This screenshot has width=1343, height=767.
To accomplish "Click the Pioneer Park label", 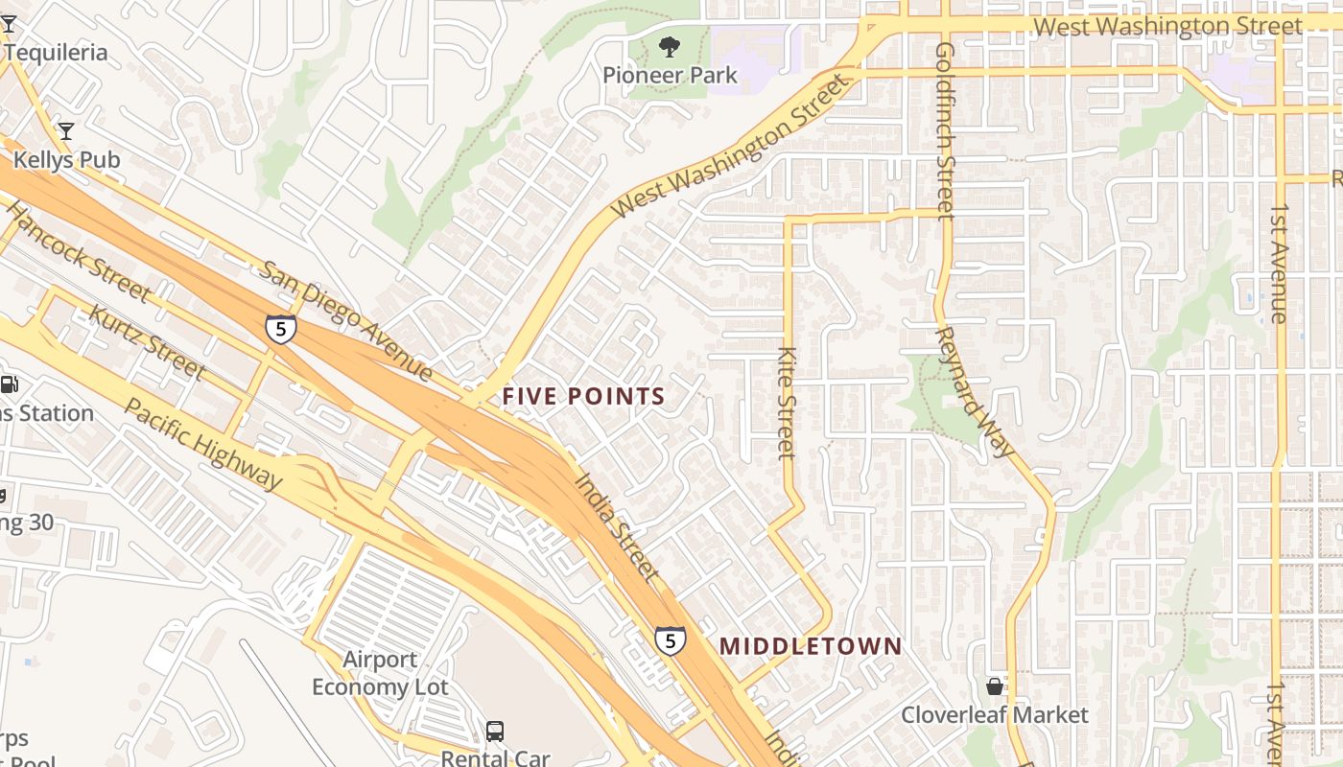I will coord(670,75).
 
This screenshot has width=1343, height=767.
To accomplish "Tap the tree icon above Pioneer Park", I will coord(670,45).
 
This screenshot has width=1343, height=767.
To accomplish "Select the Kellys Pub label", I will coord(66,159).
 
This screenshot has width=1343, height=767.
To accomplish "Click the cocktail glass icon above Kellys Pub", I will coord(65,130).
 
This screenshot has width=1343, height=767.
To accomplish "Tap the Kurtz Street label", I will coord(146,340).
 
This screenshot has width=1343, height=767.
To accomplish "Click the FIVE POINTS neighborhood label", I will coord(583,396).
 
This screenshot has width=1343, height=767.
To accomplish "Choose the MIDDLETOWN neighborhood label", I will coord(811,646).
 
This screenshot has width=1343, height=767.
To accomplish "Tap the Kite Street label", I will coord(787,403).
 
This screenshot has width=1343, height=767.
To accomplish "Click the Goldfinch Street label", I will coord(945,129).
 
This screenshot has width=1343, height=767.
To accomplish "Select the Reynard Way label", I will coord(974,391).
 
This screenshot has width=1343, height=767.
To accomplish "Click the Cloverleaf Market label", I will coord(994,715).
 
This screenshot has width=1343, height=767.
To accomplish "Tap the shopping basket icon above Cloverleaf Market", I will coord(995,686).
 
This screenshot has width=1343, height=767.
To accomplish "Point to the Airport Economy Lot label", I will coord(380,673).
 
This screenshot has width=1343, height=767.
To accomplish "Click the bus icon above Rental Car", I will coord(495,732).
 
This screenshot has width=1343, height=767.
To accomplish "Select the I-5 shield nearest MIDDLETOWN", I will coord(670,639).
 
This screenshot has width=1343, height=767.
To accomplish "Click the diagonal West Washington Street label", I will coord(731,146).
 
